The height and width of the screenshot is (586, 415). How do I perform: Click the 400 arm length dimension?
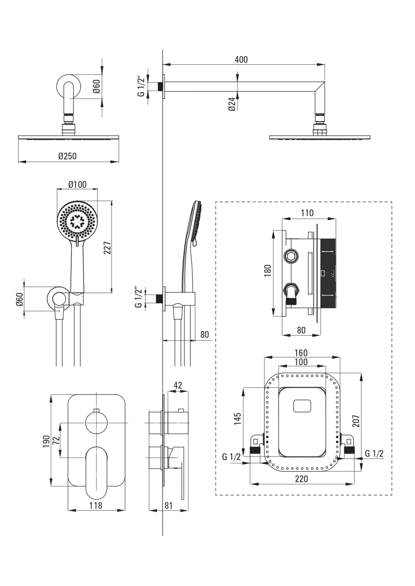coord(241,59)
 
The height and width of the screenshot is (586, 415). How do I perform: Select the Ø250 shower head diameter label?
coord(67,156)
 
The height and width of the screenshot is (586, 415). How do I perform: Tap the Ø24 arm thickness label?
coord(232,104)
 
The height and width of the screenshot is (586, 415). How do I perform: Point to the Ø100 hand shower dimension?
coord(78,184)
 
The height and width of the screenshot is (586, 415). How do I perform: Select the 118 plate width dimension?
coord(96,505)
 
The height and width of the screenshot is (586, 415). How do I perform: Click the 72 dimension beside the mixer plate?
coord(56,440)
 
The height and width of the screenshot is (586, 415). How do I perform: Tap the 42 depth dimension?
coord(177,385)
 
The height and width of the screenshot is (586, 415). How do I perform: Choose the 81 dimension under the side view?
coord(169,505)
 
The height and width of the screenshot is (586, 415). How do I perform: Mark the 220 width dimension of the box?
coord(301,479)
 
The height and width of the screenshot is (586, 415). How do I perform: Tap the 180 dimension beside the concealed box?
coord(268,271)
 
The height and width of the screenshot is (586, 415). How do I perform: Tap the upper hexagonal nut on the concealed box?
coord(291,256)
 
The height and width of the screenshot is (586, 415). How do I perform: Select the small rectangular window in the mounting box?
coord(302,406)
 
